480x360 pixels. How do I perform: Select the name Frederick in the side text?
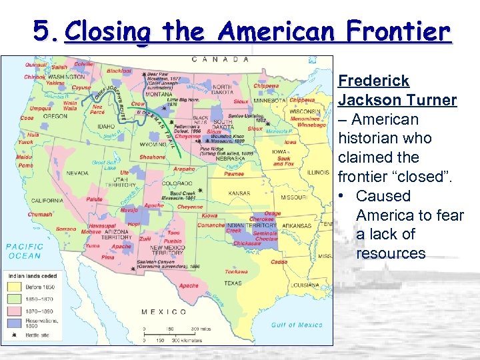click(373, 81)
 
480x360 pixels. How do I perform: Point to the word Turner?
click(431, 101)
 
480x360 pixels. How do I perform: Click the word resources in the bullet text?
click(391, 253)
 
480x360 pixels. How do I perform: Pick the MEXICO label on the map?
click(163, 311)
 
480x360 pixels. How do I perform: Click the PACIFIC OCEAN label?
click(24, 251)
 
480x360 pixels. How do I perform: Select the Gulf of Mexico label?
click(297, 325)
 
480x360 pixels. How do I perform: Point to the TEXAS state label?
click(233, 283)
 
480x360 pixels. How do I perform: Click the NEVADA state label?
click(77, 172)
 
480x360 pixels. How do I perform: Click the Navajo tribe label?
click(129, 210)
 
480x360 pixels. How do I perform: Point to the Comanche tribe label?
click(211, 225)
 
